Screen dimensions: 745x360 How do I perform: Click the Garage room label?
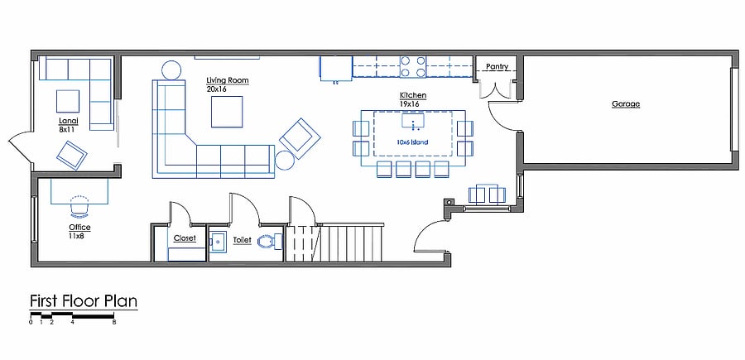pyautogui.click(x=625, y=104)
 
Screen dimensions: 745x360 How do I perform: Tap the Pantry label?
pyautogui.click(x=497, y=67)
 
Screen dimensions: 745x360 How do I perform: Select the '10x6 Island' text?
pyautogui.click(x=412, y=142)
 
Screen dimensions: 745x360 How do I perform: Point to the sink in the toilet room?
pyautogui.click(x=218, y=242)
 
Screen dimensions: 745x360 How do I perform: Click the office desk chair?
pyautogui.click(x=79, y=205)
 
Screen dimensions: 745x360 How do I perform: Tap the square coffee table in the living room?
pyautogui.click(x=227, y=112)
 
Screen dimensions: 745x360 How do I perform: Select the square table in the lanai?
pyautogui.click(x=68, y=101)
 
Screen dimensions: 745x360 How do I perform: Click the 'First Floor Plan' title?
pyautogui.click(x=84, y=301)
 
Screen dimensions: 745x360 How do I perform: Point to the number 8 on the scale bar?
pyautogui.click(x=114, y=323)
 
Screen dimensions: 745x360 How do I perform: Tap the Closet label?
pyautogui.click(x=185, y=238)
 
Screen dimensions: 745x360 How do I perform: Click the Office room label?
pyautogui.click(x=79, y=228)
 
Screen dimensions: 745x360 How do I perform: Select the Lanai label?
pyautogui.click(x=68, y=121)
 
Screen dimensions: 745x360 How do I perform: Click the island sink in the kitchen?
pyautogui.click(x=413, y=121)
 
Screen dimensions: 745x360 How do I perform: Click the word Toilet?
pyautogui.click(x=242, y=240)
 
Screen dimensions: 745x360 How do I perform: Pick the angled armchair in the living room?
pyautogui.click(x=300, y=138)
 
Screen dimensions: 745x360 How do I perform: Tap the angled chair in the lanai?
pyautogui.click(x=72, y=156)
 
